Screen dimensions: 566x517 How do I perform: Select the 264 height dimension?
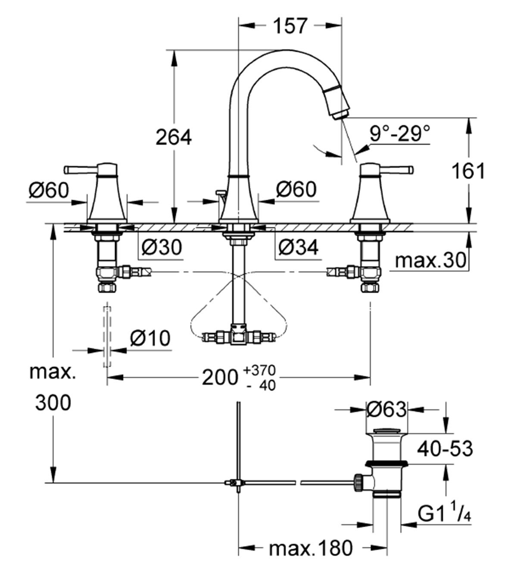click(173, 137)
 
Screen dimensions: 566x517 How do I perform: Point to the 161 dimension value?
click(467, 171)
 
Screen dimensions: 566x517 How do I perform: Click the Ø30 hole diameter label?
click(162, 247)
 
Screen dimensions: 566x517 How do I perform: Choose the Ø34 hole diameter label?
click(298, 247)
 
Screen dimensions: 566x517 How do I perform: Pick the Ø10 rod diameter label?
click(149, 339)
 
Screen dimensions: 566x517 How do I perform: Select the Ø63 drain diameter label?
click(386, 409)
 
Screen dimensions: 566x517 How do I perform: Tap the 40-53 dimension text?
click(445, 449)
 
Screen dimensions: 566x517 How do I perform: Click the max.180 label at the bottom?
click(310, 549)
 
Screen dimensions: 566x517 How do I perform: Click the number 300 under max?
click(53, 403)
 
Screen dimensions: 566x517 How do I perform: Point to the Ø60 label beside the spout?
click(296, 189)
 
